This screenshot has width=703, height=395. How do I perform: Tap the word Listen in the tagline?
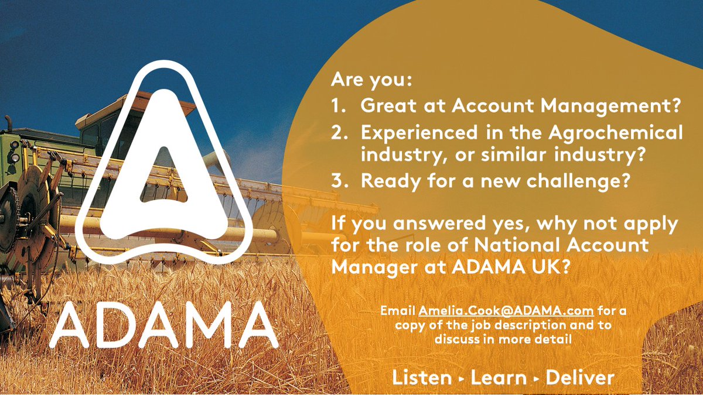point(422,377)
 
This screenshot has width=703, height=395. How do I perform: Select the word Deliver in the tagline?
point(580,377)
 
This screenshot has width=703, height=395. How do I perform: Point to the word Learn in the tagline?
point(499,377)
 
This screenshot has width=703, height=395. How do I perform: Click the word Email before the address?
point(398,310)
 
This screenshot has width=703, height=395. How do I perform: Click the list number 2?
point(337,133)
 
